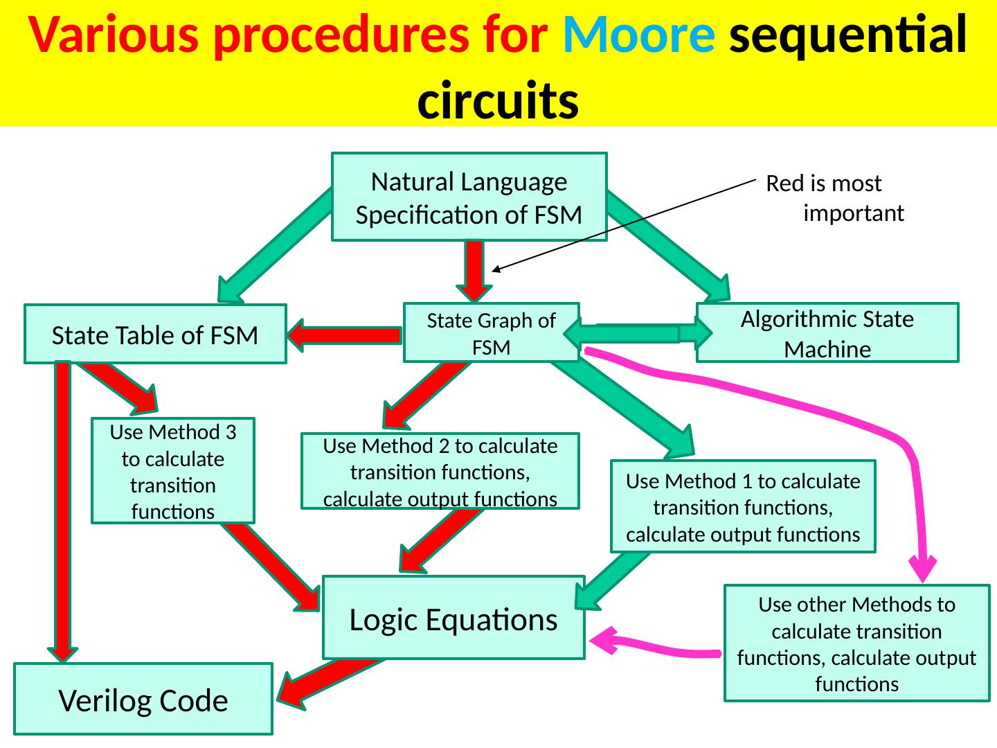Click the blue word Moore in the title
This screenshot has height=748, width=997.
click(x=638, y=35)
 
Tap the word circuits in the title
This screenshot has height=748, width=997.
click(x=498, y=99)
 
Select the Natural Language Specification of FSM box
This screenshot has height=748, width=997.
click(x=469, y=197)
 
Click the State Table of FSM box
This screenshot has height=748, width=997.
click(x=155, y=334)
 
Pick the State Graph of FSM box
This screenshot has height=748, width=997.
click(x=491, y=332)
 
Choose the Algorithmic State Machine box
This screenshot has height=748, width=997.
click(x=827, y=332)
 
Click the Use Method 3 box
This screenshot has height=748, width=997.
click(x=173, y=470)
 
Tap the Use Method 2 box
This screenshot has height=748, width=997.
click(x=440, y=471)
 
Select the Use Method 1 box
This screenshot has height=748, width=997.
click(x=743, y=506)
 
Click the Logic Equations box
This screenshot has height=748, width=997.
click(x=453, y=617)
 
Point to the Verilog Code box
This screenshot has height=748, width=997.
click(x=143, y=699)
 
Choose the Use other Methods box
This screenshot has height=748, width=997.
click(x=856, y=643)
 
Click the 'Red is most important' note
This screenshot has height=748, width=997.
click(x=835, y=198)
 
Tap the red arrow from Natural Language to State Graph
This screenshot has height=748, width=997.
click(x=474, y=271)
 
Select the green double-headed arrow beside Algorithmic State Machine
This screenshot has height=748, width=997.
click(x=638, y=333)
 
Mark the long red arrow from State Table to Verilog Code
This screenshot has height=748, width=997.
click(x=63, y=512)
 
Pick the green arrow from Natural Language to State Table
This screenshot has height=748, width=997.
click(x=274, y=246)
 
